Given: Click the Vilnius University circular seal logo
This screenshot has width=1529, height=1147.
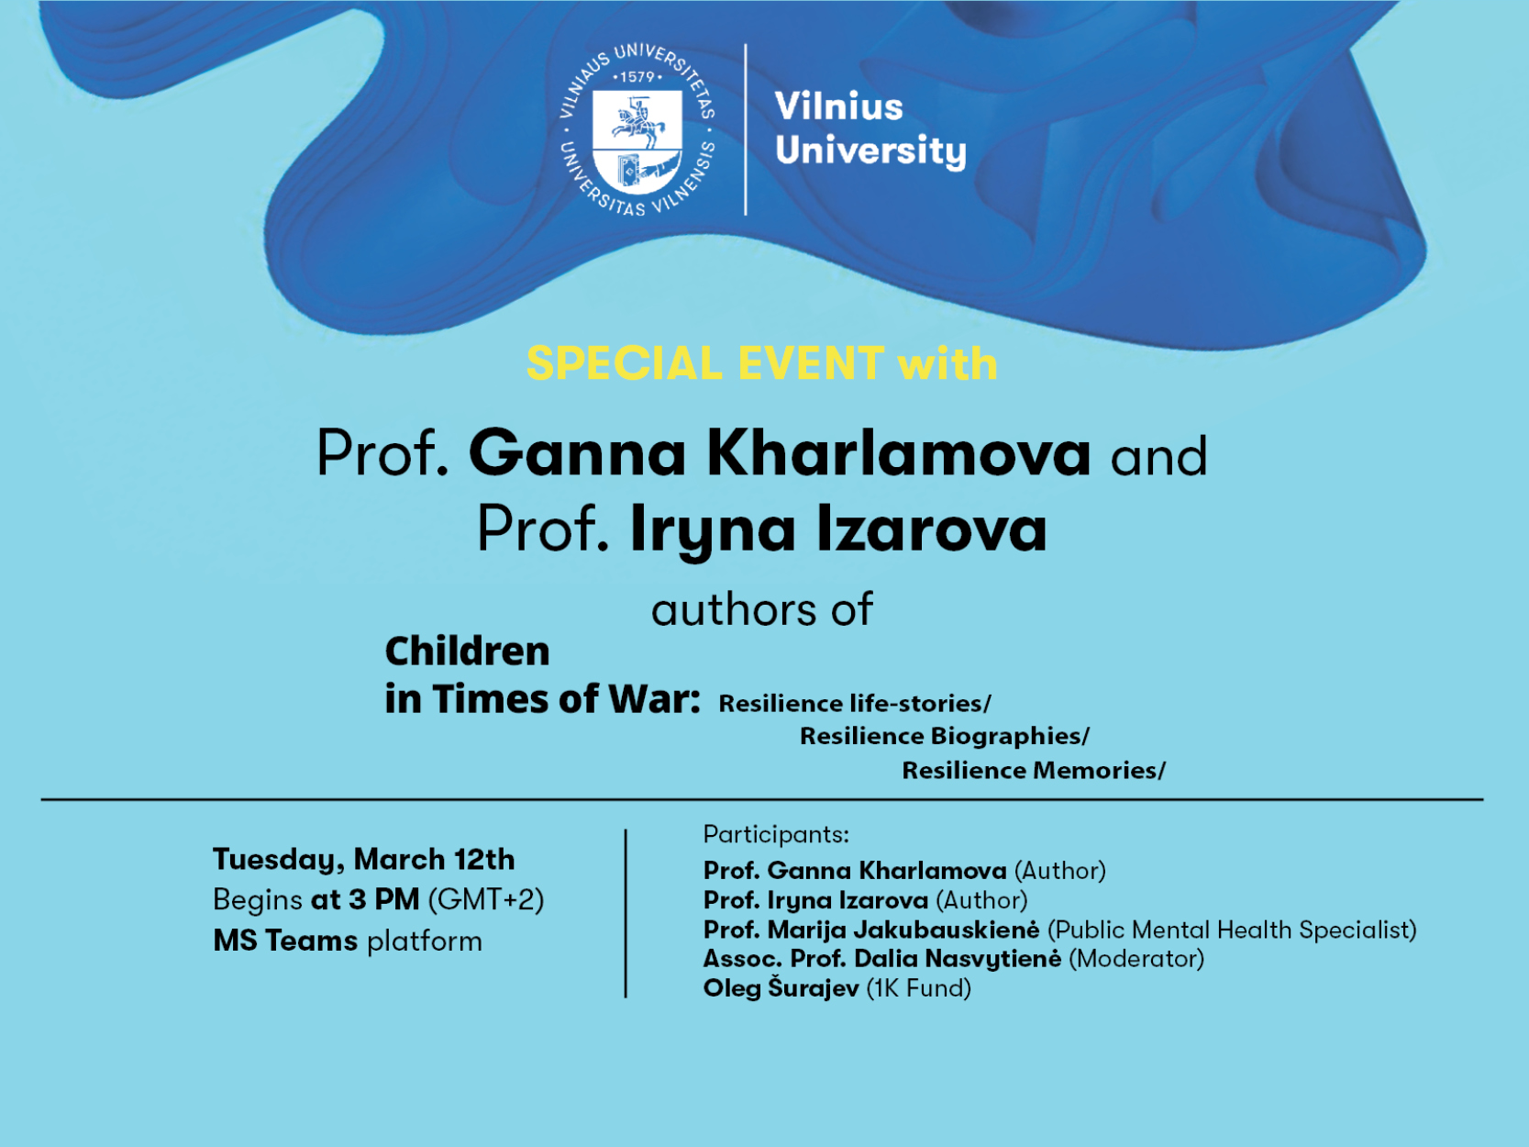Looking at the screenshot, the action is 637,129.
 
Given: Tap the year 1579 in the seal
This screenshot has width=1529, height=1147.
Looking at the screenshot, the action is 637,77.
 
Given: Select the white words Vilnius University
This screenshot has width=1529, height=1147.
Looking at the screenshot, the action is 870,129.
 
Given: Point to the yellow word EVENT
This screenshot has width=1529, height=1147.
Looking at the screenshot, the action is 812,363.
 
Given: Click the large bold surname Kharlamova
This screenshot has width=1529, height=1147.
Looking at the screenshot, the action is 899,453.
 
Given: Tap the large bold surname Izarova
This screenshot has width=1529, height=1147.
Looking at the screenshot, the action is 931,529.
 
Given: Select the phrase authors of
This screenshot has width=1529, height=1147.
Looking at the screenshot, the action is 761,609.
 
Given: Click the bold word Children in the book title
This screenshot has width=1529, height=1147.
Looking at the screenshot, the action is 468,651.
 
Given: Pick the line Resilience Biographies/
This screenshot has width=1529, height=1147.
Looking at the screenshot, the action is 945,736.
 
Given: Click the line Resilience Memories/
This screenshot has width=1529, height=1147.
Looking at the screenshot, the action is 1034,770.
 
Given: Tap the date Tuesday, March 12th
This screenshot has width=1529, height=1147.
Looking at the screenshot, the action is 363,860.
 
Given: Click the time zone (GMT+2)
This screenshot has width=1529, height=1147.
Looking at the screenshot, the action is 485,899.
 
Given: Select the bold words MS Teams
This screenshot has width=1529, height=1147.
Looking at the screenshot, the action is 285,941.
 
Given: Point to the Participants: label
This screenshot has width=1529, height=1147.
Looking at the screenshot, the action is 776,835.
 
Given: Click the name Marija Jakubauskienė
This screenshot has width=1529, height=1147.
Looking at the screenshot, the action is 903,930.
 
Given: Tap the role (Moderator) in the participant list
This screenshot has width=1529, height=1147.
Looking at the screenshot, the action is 1136,959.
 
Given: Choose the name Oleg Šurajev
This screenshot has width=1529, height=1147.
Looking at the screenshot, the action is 781,988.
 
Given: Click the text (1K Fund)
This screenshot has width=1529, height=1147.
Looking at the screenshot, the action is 919,988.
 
